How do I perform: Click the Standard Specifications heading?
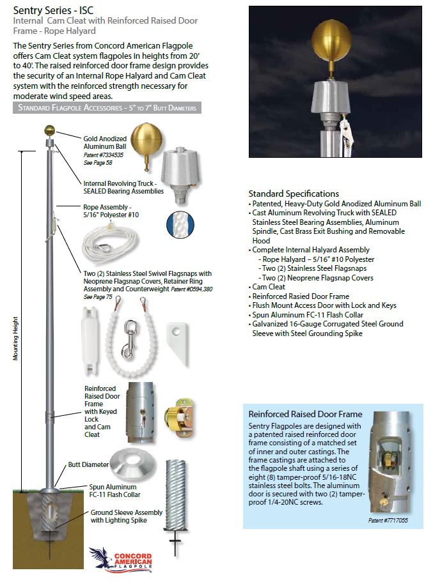click(294, 194)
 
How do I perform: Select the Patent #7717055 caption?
click(387, 521)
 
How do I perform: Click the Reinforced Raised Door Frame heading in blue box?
click(304, 414)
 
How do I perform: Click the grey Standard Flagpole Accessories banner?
click(107, 107)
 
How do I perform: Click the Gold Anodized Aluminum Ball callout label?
click(104, 142)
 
